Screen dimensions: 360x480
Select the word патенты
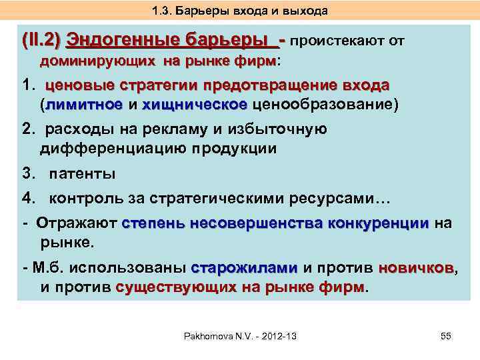(83, 174)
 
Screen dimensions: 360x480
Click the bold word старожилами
(244, 268)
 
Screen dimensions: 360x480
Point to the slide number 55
(446, 337)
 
